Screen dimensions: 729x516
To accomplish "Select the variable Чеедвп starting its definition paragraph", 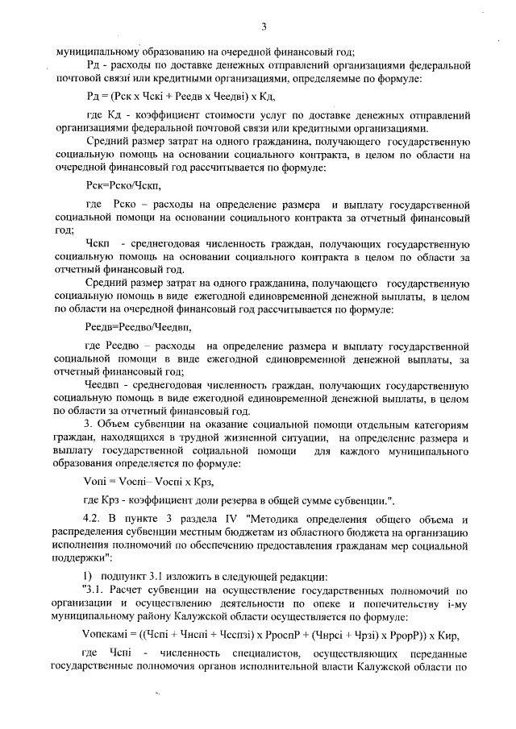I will [103, 385].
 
